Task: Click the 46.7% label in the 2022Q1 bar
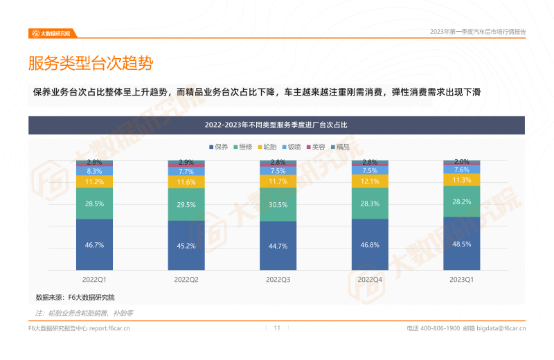pos(95,245)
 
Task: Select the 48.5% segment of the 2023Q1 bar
pos(462,244)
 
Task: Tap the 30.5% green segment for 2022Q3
pos(278,205)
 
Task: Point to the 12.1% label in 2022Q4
pos(370,182)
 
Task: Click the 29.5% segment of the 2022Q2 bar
pos(186,205)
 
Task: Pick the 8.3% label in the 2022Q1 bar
pos(95,171)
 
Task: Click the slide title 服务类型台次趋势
pos(90,64)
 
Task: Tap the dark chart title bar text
pos(276,125)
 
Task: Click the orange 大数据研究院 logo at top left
pos(53,33)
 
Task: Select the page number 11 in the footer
pos(277,328)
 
